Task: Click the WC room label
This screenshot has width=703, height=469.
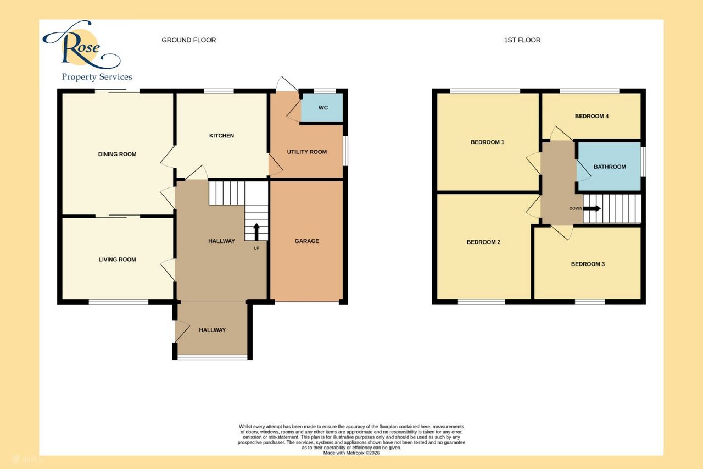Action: pos(323,108)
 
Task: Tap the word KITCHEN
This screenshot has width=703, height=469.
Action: pos(221,136)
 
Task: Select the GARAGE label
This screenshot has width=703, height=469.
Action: pos(306,241)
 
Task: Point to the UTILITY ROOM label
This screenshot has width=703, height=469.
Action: pos(306,152)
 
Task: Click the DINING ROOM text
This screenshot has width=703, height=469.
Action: pos(117,155)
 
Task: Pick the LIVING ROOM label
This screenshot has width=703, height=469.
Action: pos(117,260)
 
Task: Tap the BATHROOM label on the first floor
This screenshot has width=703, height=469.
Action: pos(610,167)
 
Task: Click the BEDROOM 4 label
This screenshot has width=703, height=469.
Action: pos(592,116)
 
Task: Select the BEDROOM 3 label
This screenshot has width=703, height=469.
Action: pos(588,264)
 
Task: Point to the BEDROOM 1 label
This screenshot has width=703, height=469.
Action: pos(487,142)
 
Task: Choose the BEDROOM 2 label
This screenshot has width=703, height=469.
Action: pos(483,242)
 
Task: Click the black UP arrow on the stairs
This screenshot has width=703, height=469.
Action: pos(256,232)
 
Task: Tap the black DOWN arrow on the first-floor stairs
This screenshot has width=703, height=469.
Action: pos(592,208)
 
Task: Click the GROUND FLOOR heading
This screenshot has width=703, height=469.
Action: pos(188,40)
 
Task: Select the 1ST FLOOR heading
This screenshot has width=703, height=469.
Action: pos(522,40)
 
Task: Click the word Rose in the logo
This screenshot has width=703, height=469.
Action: pos(81,46)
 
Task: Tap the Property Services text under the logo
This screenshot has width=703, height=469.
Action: pos(97,77)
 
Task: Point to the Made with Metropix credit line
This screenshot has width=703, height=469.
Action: pos(351,453)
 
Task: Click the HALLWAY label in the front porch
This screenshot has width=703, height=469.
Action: pos(212,330)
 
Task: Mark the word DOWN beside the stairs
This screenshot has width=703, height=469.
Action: pos(576,208)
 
